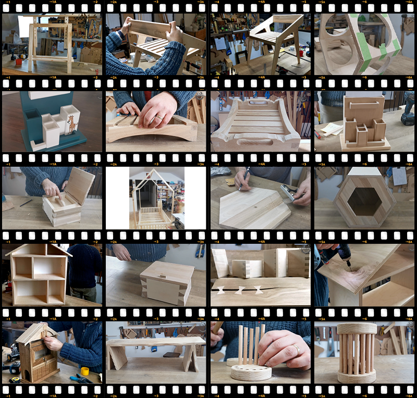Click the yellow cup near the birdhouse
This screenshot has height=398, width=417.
coord(84,371)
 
